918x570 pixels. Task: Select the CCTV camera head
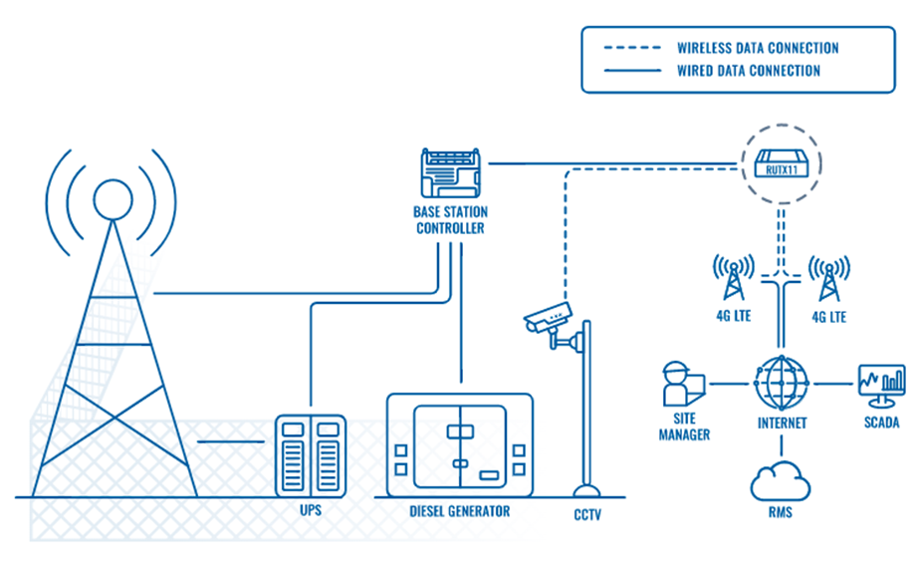pyautogui.click(x=547, y=318)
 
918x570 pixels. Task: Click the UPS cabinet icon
pyautogui.click(x=310, y=455)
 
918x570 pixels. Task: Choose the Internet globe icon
pyautogui.click(x=781, y=384)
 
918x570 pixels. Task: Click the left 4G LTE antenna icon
pyautogui.click(x=733, y=277)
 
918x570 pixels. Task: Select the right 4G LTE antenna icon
pyautogui.click(x=827, y=277)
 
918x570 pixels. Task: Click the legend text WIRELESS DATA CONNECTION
pyautogui.click(x=758, y=48)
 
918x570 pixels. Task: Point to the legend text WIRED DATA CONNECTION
pyautogui.click(x=749, y=71)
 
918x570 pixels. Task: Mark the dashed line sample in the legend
pyautogui.click(x=631, y=48)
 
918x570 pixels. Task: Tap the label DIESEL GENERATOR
pyautogui.click(x=459, y=511)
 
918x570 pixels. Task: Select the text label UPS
pyautogui.click(x=310, y=511)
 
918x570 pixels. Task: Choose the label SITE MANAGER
pyautogui.click(x=684, y=427)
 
